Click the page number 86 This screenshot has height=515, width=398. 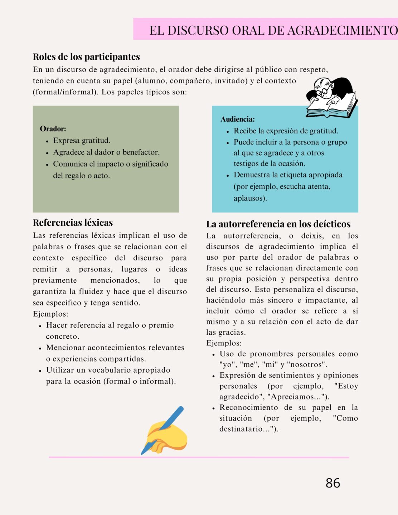click(x=333, y=483)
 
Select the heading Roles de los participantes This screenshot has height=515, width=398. click(x=86, y=57)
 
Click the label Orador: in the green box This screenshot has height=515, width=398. click(x=53, y=129)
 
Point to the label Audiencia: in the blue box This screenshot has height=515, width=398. click(x=238, y=119)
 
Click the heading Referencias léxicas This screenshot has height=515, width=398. click(x=73, y=222)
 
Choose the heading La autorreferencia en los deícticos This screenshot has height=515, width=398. click(x=278, y=224)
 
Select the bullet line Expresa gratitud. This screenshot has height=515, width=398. click(x=82, y=141)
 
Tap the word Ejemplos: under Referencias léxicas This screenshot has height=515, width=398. click(x=50, y=314)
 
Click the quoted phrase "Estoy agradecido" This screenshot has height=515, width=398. click(x=346, y=386)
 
